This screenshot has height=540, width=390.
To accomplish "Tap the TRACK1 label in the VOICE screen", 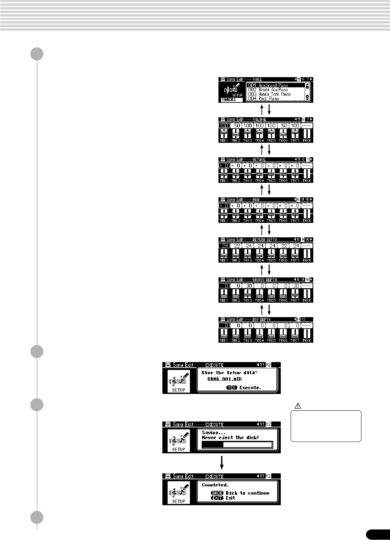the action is click(x=229, y=100).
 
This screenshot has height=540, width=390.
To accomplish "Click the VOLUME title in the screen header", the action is click(x=259, y=120).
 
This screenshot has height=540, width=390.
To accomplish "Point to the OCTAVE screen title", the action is click(x=259, y=160).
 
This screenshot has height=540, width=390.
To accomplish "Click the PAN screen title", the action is click(x=256, y=200).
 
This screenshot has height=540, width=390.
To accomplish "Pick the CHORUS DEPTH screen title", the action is click(x=264, y=280).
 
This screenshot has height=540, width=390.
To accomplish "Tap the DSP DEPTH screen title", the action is click(x=261, y=319).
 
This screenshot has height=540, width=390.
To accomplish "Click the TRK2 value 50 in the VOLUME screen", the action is click(x=236, y=126).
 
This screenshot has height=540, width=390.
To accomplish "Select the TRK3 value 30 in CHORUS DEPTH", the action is click(x=248, y=286).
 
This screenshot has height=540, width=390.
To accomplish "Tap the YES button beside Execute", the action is click(x=232, y=388).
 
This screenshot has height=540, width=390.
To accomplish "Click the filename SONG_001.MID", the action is click(x=224, y=379).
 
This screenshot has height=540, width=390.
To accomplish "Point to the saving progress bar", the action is click(x=237, y=445).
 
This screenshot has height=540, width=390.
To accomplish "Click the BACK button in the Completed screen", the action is click(x=217, y=493).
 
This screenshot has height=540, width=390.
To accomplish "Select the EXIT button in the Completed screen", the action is click(x=217, y=498).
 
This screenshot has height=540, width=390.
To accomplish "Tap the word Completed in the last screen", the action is click(x=215, y=485).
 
